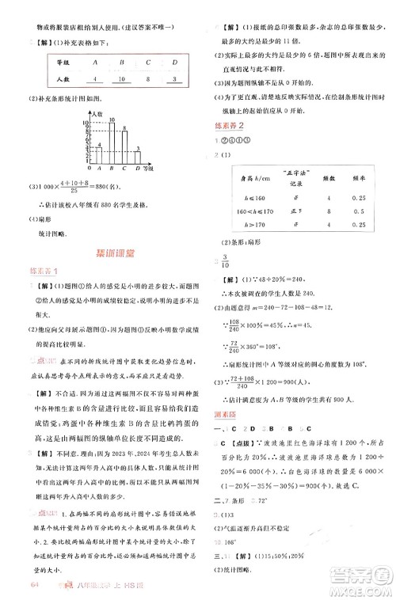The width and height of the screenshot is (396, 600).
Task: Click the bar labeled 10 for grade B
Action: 112,145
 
